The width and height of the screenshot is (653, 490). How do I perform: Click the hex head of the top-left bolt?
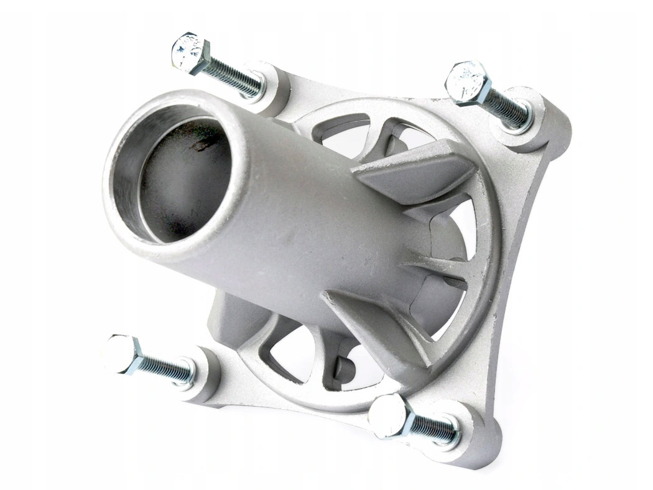tap(190, 53)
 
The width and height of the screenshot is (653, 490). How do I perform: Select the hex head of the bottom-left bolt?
tap(124, 354)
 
